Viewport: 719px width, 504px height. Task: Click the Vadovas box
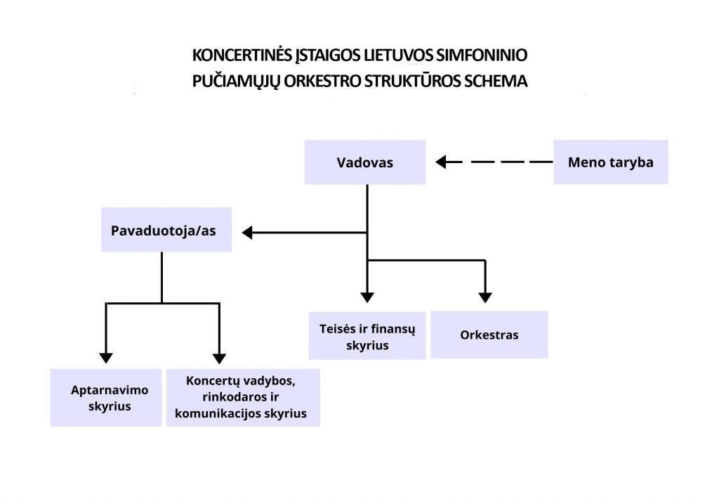[x=365, y=162]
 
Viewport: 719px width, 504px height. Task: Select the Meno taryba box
[x=611, y=162]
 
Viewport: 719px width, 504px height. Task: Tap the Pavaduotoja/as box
[x=166, y=230]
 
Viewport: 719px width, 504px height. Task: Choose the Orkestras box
[x=489, y=335]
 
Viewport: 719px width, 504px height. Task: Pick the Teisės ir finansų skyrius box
[x=367, y=335]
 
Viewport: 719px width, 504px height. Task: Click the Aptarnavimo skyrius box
[x=106, y=398]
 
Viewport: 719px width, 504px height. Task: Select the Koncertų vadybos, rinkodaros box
[x=243, y=398]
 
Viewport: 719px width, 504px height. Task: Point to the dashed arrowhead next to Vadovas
[x=441, y=162]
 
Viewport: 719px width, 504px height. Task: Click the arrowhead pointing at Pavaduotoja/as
[x=247, y=233]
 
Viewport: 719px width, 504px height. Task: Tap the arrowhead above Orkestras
[x=485, y=298]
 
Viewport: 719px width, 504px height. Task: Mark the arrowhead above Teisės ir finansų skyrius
[x=367, y=297]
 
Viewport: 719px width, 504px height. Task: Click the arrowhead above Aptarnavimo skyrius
[x=106, y=358]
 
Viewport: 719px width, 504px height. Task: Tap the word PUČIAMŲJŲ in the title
[x=236, y=82]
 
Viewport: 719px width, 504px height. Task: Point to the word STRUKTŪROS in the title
[x=412, y=81]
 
